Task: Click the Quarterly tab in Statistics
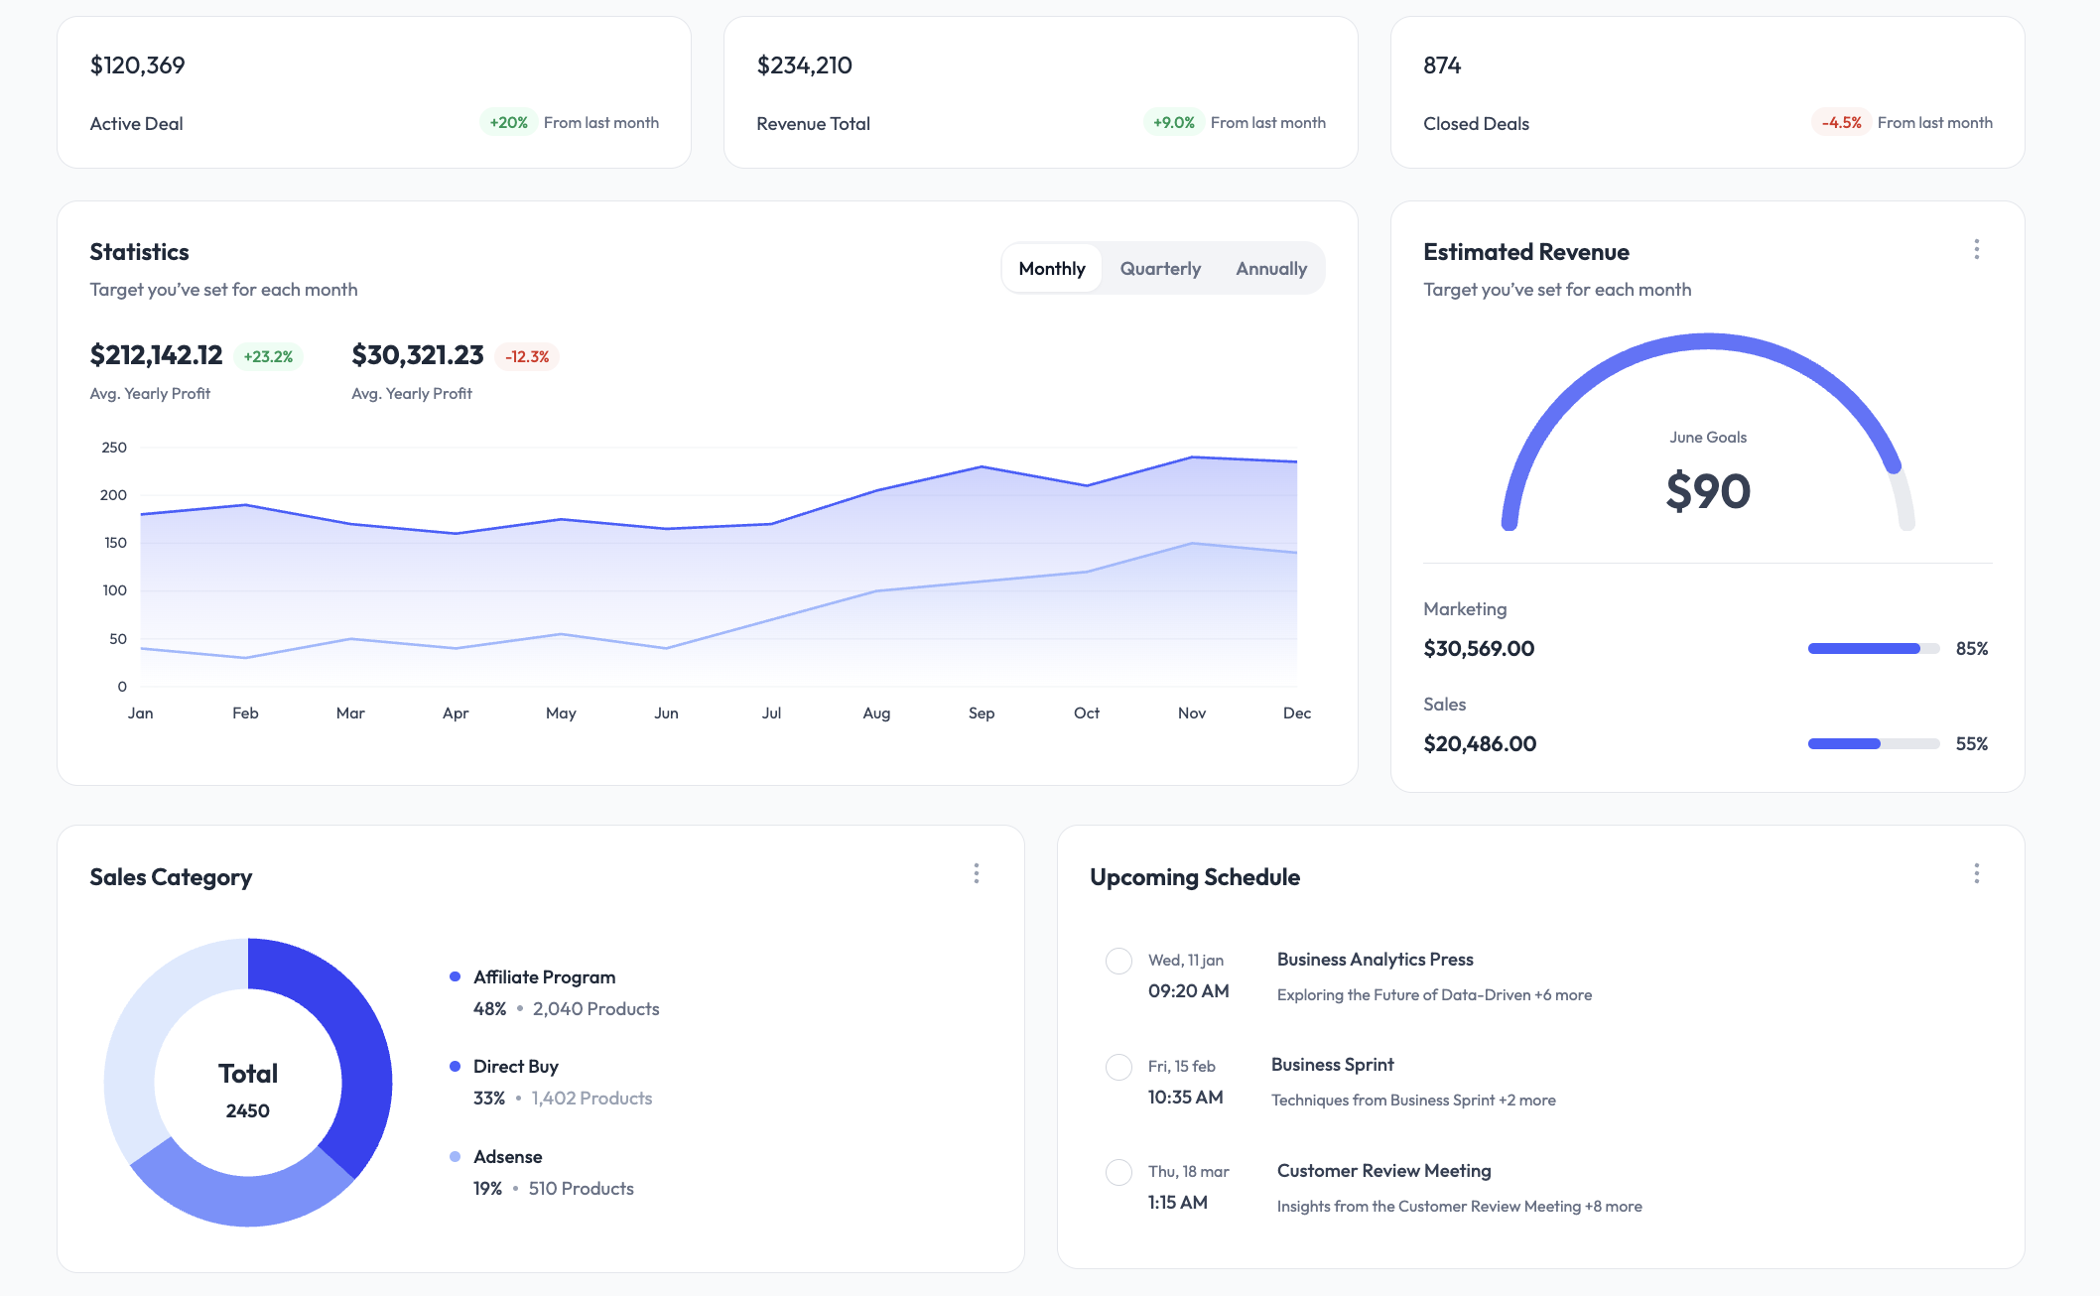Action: [1160, 269]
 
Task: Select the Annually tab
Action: [1271, 269]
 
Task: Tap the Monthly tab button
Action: [1052, 269]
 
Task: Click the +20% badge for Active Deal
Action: [508, 123]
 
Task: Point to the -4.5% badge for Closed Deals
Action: [1841, 123]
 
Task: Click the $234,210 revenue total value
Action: [804, 65]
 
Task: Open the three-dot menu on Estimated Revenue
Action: [1976, 249]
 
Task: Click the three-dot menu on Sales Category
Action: [977, 873]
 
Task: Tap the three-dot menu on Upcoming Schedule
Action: [1976, 873]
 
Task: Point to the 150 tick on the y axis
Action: [115, 543]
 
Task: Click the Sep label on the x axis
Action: [981, 713]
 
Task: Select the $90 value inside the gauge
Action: [1708, 491]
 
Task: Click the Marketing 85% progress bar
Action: [1873, 649]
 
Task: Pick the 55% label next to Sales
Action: [1971, 744]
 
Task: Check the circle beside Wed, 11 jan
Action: [1118, 961]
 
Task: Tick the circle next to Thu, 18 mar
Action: [1118, 1172]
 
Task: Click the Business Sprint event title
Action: [1332, 1065]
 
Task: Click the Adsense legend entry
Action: [507, 1157]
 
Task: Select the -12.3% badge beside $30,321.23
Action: [527, 357]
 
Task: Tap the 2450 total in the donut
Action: [247, 1111]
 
